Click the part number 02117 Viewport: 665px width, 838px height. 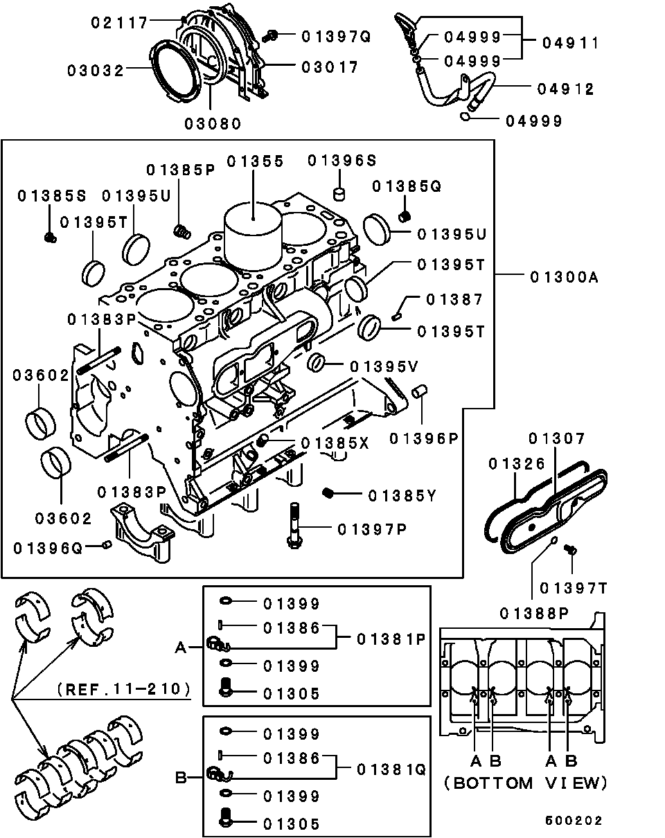tap(120, 23)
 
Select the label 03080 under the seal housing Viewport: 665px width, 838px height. tap(213, 124)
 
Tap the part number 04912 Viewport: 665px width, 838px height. tap(565, 89)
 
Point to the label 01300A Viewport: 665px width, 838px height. tap(563, 277)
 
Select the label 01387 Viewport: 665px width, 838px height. tap(454, 299)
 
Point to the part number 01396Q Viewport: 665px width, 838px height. tap(48, 549)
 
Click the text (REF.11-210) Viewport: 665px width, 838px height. tap(125, 689)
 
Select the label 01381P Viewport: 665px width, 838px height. tap(391, 639)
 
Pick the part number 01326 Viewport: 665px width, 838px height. tap(516, 463)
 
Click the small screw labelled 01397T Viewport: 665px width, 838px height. tap(571, 550)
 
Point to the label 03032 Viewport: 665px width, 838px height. tap(96, 70)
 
